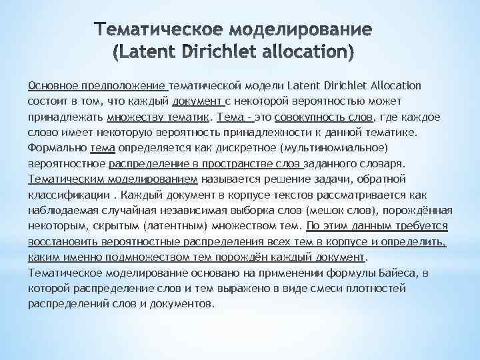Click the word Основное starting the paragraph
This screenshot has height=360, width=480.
coord(51,85)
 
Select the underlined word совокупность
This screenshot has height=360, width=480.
coord(317,116)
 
